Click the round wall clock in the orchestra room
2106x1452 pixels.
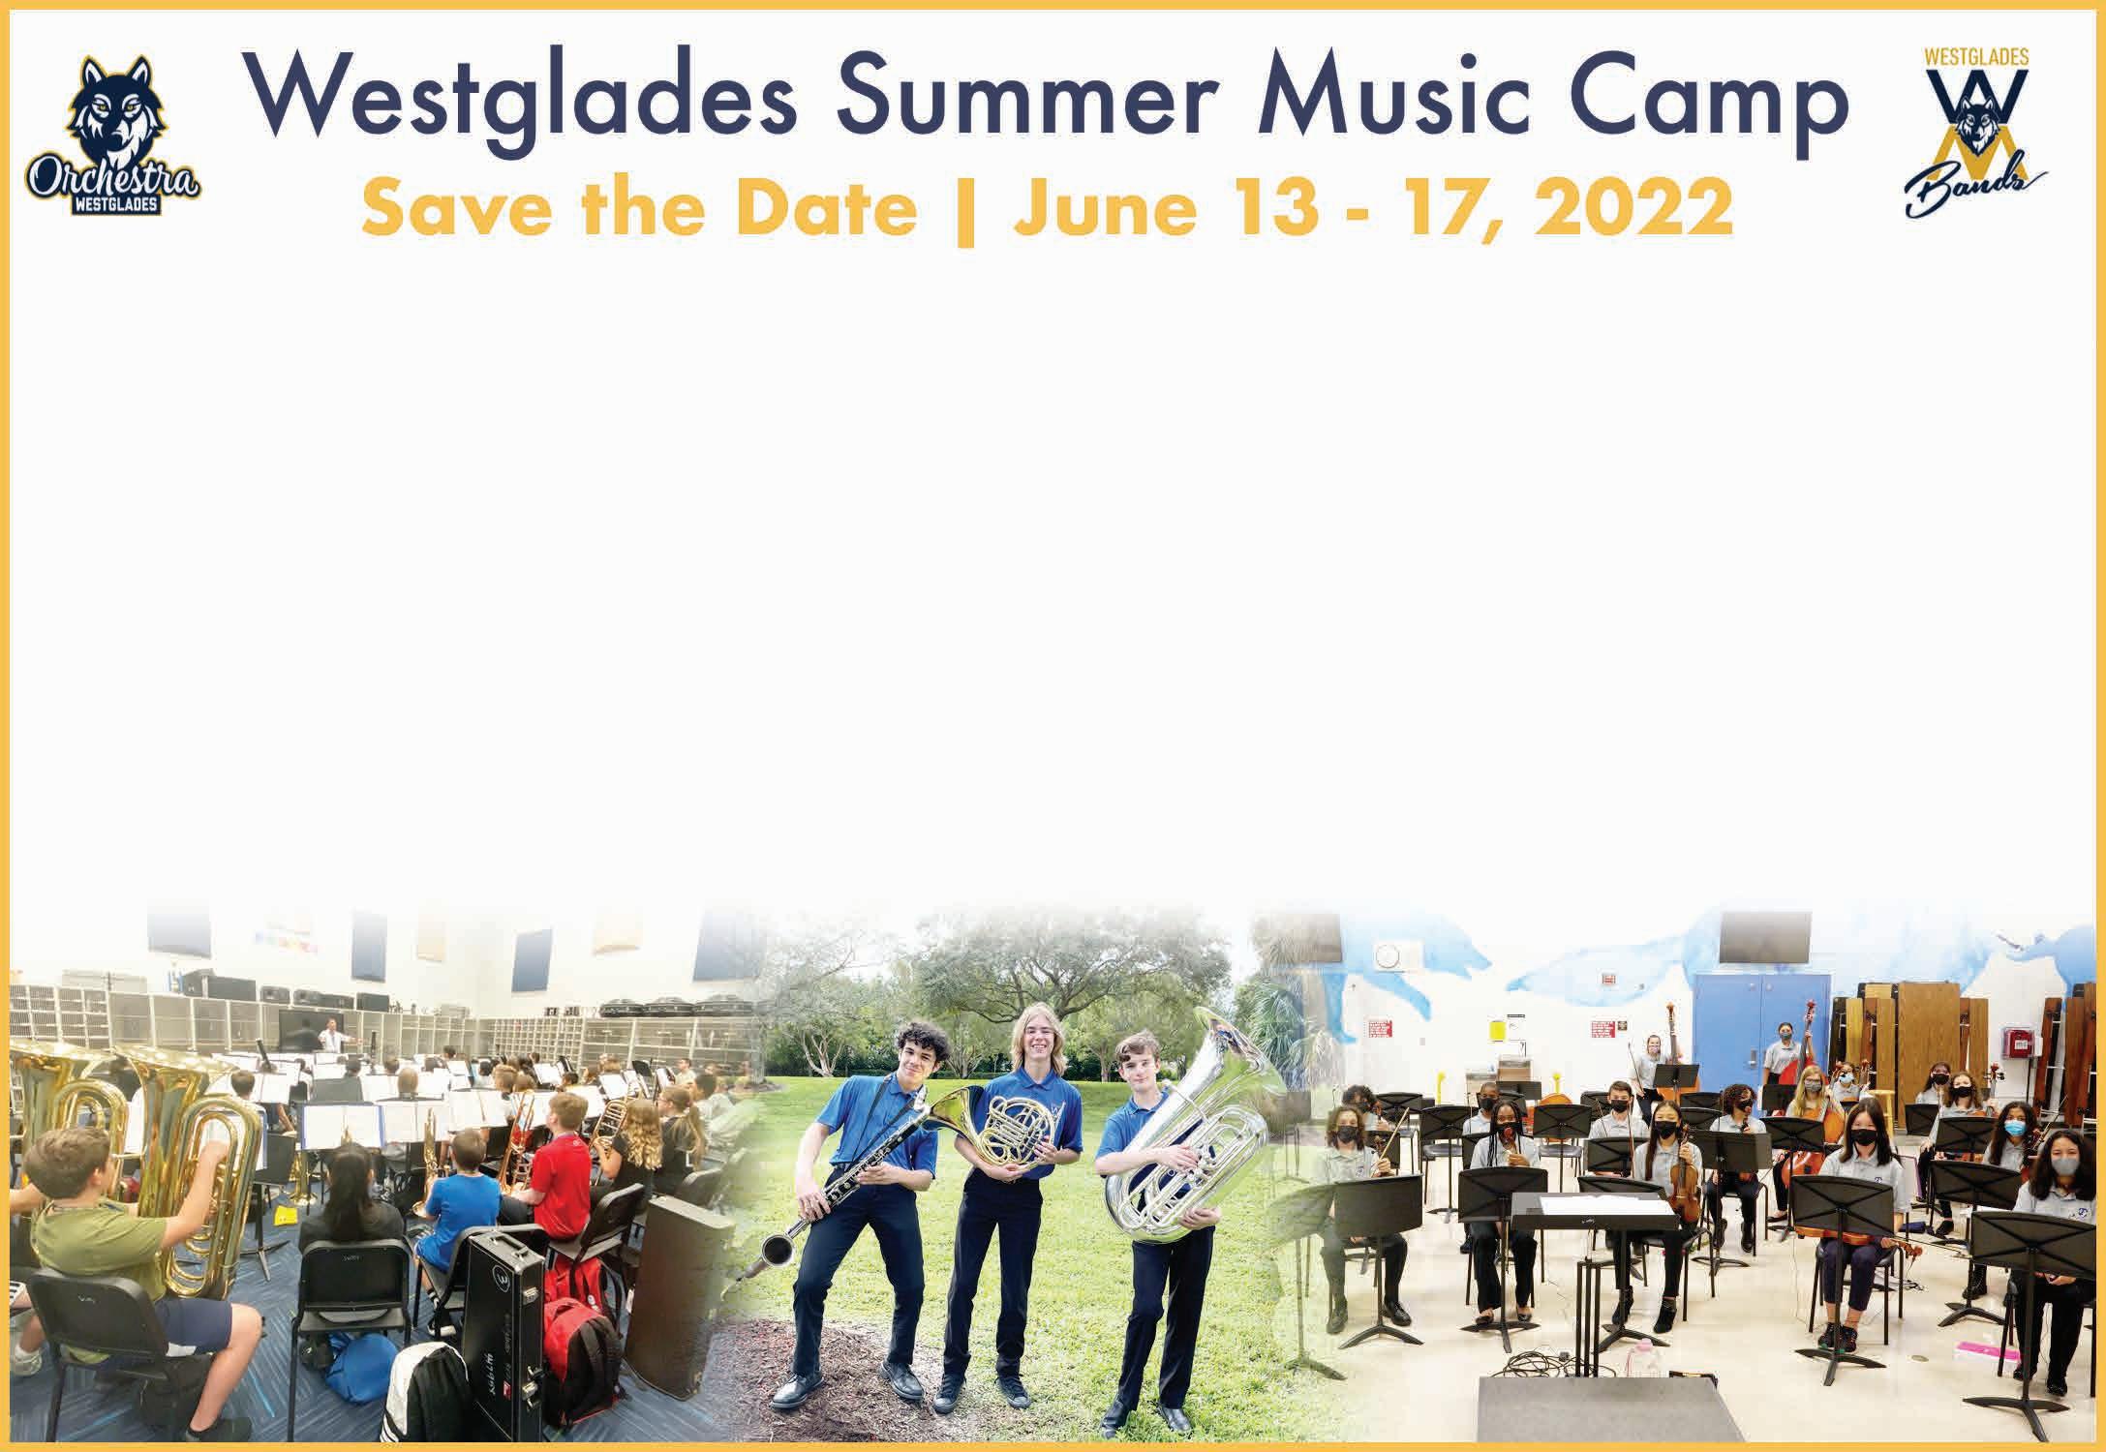(x=1388, y=955)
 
